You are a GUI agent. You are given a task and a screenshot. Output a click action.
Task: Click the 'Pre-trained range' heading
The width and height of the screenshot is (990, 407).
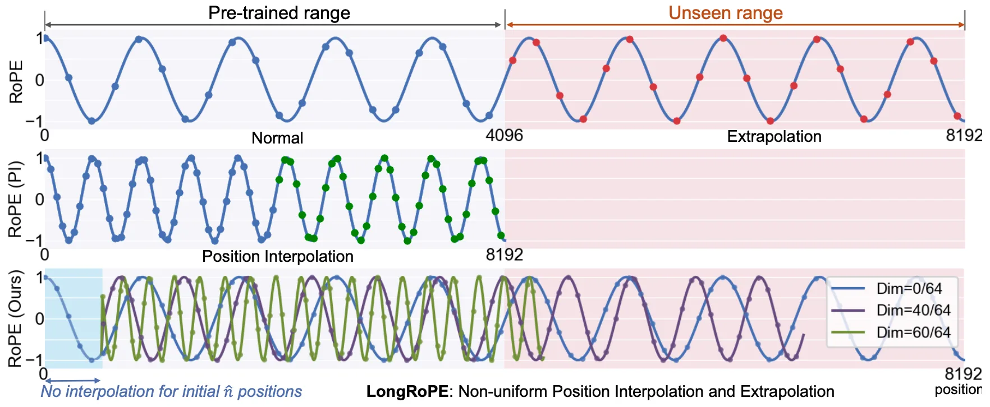[x=279, y=13]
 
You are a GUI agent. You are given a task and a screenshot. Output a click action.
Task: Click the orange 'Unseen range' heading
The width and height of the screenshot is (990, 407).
[x=725, y=13]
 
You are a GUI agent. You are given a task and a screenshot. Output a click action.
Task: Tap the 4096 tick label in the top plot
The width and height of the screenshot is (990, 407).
[x=504, y=136]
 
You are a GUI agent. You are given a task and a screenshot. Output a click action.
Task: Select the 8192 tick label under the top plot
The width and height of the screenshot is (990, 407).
[x=964, y=136]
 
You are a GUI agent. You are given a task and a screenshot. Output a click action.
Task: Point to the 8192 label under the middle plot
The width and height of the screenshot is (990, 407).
[x=504, y=255]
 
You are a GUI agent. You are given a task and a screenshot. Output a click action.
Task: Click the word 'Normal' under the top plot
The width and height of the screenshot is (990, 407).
[x=277, y=138]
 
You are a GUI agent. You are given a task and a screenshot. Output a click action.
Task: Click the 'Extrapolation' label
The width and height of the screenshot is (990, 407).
[x=774, y=136]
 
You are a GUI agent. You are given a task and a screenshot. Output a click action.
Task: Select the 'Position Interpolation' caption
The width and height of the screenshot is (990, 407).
[x=278, y=256]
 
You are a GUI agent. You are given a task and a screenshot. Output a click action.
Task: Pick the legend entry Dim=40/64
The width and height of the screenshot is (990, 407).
[x=913, y=311]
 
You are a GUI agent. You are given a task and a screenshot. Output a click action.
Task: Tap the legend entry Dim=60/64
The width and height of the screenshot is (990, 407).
[x=913, y=332]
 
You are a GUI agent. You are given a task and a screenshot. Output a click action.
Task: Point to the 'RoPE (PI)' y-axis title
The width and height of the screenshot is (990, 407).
[x=16, y=199]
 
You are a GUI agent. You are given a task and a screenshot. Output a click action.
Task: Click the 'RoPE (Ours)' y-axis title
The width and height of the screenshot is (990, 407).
[x=16, y=318]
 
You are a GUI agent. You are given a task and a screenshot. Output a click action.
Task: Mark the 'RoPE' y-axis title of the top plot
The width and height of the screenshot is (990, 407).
[x=16, y=82]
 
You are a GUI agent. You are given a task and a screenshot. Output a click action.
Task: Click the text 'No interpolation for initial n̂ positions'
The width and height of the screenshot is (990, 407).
[x=171, y=391]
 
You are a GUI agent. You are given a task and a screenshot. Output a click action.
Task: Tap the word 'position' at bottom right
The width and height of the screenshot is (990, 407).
[x=957, y=390]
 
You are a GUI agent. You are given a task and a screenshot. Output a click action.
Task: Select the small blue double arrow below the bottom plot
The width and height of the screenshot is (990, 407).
[x=72, y=381]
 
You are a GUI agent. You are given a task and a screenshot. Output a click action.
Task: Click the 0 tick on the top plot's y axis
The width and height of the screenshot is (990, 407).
[x=39, y=80]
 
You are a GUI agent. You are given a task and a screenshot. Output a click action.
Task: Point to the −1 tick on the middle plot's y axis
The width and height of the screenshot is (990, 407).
[x=36, y=240]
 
